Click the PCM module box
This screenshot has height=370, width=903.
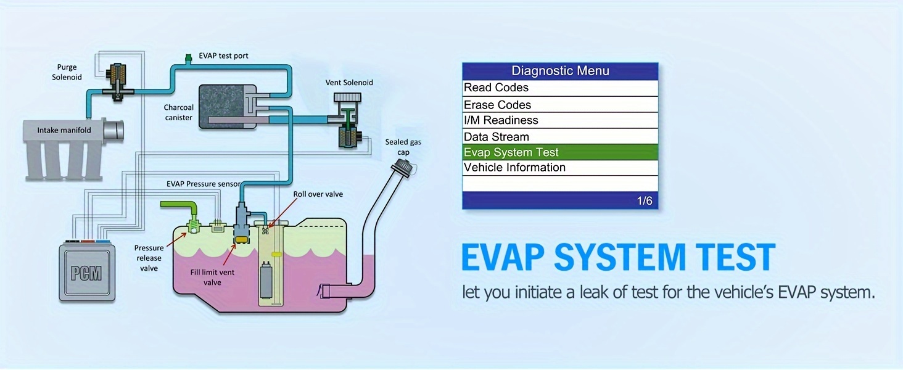pos(87,271)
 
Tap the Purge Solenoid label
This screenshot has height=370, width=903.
pos(67,72)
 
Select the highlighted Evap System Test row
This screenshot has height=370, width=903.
pos(560,152)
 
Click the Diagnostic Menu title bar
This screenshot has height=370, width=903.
pos(560,71)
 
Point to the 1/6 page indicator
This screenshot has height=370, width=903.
pos(644,201)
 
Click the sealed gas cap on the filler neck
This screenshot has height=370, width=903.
pos(405,166)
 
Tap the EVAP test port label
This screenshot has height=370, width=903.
pos(223,55)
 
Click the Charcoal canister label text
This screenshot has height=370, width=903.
pos(178,112)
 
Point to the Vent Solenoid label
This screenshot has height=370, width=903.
pos(349,82)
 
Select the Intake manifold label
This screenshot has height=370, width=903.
pos(64,130)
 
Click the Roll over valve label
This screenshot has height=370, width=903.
pos(318,194)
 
